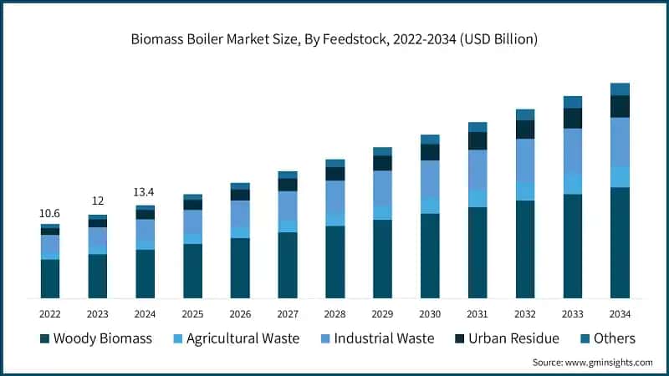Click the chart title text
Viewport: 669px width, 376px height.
[x=334, y=39]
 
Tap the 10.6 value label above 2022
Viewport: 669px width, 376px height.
[x=50, y=214]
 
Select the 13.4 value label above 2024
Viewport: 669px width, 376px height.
[x=145, y=193]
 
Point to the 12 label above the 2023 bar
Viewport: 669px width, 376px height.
[x=98, y=201]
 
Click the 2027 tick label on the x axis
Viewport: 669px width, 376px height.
[x=288, y=313]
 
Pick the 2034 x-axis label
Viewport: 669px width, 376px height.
[x=620, y=313]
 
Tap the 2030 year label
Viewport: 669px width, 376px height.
[x=430, y=313]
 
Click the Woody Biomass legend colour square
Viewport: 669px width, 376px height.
[x=44, y=338]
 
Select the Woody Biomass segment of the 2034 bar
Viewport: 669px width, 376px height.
[x=620, y=242]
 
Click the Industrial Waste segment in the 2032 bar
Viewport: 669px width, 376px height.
[x=525, y=160]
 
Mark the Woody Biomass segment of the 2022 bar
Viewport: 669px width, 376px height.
[x=50, y=278]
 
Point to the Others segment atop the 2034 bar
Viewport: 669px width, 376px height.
[x=620, y=89]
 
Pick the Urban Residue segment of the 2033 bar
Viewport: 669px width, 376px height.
[x=572, y=119]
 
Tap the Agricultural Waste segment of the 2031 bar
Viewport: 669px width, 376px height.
[x=477, y=198]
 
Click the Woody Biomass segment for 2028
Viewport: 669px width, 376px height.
[x=335, y=262]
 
